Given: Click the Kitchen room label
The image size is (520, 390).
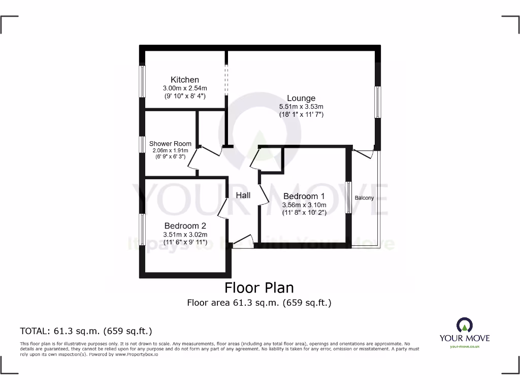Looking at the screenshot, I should (184, 80).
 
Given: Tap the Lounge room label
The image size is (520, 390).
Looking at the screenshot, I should (301, 98).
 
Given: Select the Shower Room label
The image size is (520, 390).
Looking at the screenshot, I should (170, 144).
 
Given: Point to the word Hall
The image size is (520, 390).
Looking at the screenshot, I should (243, 196).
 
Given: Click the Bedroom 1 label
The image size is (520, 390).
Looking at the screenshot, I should (304, 197).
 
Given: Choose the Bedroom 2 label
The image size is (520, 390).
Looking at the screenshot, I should (185, 226).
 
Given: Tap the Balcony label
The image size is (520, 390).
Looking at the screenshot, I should (364, 198).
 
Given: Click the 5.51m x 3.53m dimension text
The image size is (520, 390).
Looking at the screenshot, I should (301, 107).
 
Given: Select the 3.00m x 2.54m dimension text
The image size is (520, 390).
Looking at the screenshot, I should (184, 88).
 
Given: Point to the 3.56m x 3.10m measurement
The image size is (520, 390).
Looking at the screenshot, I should (304, 205).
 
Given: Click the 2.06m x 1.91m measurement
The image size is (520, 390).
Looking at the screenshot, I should (170, 150).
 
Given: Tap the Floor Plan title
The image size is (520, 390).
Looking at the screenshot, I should (259, 288).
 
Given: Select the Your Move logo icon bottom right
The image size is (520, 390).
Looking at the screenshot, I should (464, 325).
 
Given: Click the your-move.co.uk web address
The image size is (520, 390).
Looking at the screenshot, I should (464, 346).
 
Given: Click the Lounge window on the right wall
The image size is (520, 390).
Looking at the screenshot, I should (377, 102).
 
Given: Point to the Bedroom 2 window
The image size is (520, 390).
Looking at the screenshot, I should (143, 230).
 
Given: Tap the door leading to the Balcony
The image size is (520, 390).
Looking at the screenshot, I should (364, 152).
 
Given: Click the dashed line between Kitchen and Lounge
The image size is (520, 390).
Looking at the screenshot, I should (226, 80).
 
